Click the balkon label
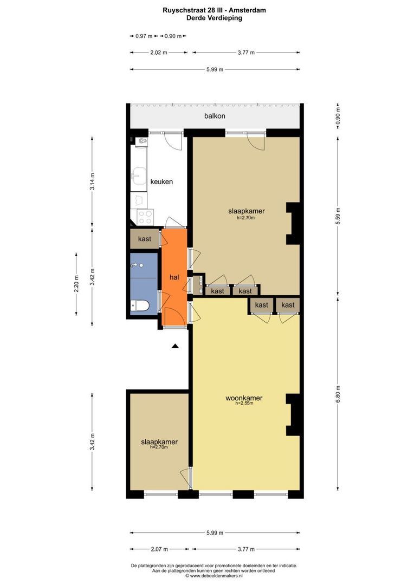pyautogui.click(x=215, y=116)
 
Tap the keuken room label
pyautogui.click(x=161, y=181)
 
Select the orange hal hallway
pyautogui.click(x=173, y=277)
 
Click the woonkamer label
pyautogui.click(x=244, y=398)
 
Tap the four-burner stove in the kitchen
pyautogui.click(x=145, y=218)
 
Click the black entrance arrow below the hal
pyautogui.click(x=174, y=346)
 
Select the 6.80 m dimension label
pyautogui.click(x=338, y=394)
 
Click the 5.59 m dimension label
pyautogui.click(x=338, y=216)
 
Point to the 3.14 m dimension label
pyautogui.click(x=92, y=181)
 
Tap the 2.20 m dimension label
pyautogui.click(x=76, y=283)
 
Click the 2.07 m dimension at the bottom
pyautogui.click(x=159, y=549)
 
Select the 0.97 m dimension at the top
pyautogui.click(x=144, y=36)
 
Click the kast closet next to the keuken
pyautogui.click(x=145, y=239)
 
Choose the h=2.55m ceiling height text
pyautogui.click(x=244, y=404)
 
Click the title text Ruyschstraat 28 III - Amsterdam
pyautogui.click(x=214, y=10)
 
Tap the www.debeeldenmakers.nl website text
pyautogui.click(x=214, y=576)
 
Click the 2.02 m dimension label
pyautogui.click(x=159, y=53)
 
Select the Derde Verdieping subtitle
pyautogui.click(x=214, y=18)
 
